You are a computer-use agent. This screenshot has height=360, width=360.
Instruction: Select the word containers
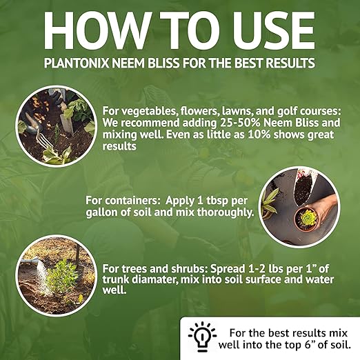coord(130,200)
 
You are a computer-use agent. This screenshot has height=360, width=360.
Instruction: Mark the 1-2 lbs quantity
coord(248,266)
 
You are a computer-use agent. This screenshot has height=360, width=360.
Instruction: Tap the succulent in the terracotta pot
coord(303,218)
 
